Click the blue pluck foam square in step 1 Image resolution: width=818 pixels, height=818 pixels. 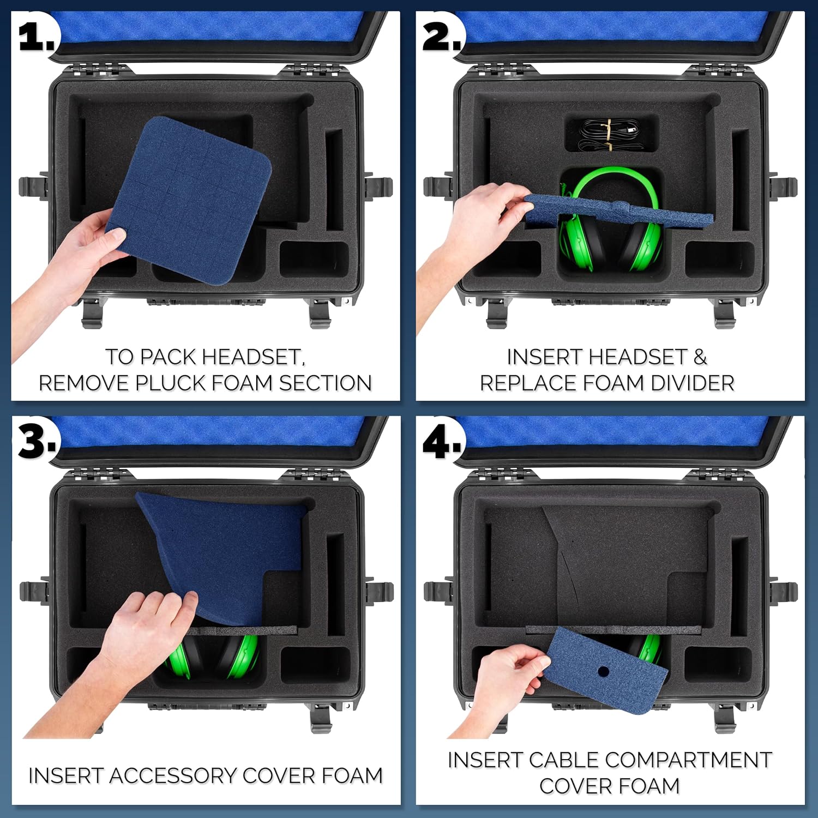pyautogui.click(x=189, y=201)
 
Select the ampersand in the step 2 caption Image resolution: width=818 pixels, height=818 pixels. pyautogui.click(x=700, y=357)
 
